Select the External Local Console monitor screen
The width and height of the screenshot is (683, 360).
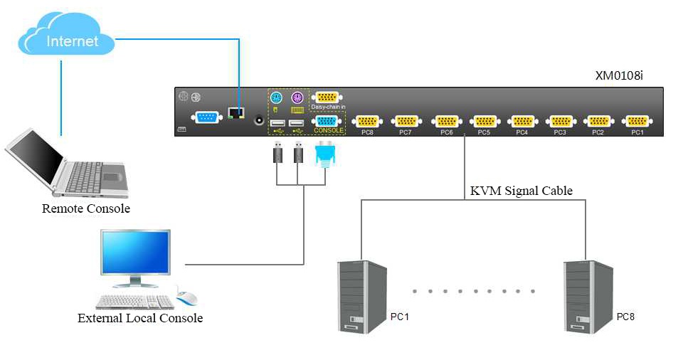pyautogui.click(x=135, y=255)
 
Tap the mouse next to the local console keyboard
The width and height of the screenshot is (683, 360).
pyautogui.click(x=186, y=298)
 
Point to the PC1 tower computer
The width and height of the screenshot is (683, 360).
pyautogui.click(x=362, y=295)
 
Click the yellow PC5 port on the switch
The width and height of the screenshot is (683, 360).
pyautogui.click(x=484, y=121)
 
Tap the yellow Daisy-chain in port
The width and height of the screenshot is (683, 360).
pyautogui.click(x=327, y=97)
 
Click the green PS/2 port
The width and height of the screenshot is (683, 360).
pyautogui.click(x=277, y=97)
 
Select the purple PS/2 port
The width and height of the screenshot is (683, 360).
pyautogui.click(x=297, y=97)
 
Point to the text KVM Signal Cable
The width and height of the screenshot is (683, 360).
pyautogui.click(x=521, y=191)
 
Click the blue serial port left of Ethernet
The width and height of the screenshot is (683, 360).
pyautogui.click(x=206, y=118)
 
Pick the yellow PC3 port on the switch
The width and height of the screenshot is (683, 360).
pyautogui.click(x=560, y=121)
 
